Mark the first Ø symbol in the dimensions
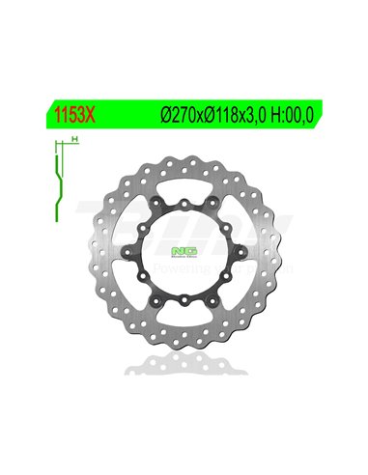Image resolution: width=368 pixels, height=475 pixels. click(x=161, y=112)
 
